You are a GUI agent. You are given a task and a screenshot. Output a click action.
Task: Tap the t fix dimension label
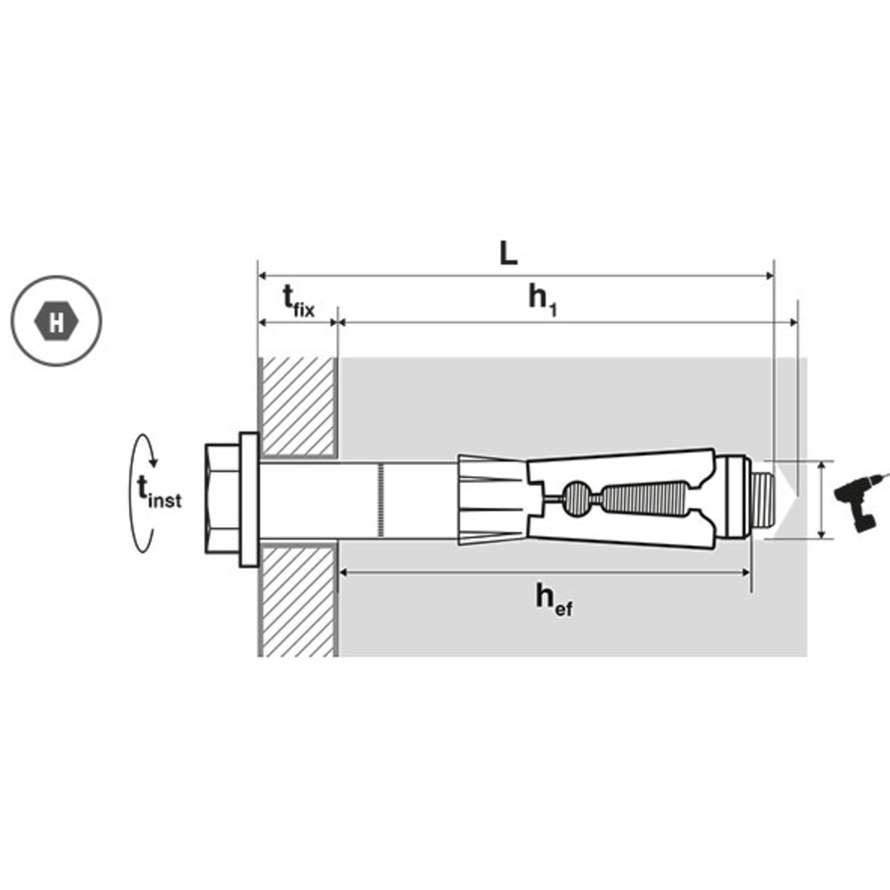(299, 301)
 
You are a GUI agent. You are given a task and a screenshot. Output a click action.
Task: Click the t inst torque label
(159, 492)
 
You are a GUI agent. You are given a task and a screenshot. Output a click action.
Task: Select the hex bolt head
(222, 498)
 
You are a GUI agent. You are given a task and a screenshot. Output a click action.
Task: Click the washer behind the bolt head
(249, 500)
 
